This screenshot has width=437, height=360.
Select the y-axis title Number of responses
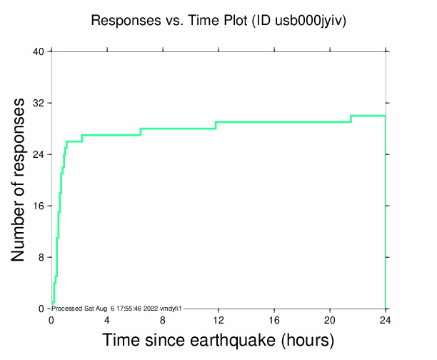pyautogui.click(x=19, y=180)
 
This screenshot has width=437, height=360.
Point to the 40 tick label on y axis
pyautogui.click(x=39, y=51)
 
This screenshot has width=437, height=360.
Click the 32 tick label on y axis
pyautogui.click(x=39, y=103)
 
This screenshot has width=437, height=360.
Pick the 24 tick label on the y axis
pyautogui.click(x=39, y=154)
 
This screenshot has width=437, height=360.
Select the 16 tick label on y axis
pyautogui.click(x=39, y=206)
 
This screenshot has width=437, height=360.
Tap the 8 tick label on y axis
pyautogui.click(x=41, y=257)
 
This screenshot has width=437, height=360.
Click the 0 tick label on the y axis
pyautogui.click(x=41, y=309)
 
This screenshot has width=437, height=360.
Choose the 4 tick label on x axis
pyautogui.click(x=107, y=320)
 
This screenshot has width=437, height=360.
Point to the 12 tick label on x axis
pyautogui.click(x=218, y=320)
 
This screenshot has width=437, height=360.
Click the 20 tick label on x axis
pyautogui.click(x=330, y=320)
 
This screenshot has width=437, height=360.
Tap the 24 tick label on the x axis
pyautogui.click(x=386, y=320)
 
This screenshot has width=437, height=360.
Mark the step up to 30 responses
pyautogui.click(x=351, y=119)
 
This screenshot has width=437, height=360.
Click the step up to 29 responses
pyautogui.click(x=216, y=125)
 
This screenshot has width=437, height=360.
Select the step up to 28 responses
pyautogui.click(x=141, y=131)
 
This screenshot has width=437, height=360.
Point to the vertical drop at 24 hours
pyautogui.click(x=386, y=214)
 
